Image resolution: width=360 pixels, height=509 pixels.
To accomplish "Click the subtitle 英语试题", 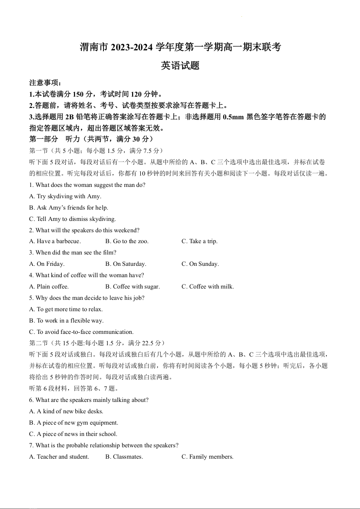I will (x=180, y=66).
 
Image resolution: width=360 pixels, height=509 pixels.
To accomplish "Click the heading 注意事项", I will (x=45, y=83).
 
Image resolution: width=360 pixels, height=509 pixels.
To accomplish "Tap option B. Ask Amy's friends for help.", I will (x=69, y=208).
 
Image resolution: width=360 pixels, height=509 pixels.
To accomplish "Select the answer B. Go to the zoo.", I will (x=127, y=241).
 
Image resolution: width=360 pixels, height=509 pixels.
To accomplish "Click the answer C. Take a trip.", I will (x=200, y=241).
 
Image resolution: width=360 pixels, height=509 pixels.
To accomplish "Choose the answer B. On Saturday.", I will (x=126, y=264).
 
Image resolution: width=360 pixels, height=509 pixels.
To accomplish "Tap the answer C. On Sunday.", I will (x=200, y=264).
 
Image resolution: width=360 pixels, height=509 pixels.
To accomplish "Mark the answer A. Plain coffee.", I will (x=49, y=287).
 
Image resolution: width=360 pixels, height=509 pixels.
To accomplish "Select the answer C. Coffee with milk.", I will (x=208, y=287).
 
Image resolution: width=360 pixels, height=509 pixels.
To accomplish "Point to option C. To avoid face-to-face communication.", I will (x=81, y=332).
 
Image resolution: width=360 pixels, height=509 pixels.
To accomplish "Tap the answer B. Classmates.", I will (x=124, y=457).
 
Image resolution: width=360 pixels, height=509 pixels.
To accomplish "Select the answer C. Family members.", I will (x=207, y=457).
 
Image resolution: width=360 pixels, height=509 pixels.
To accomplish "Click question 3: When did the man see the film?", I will (x=73, y=253).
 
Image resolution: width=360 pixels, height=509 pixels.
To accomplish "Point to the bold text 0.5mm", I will (x=233, y=117).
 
